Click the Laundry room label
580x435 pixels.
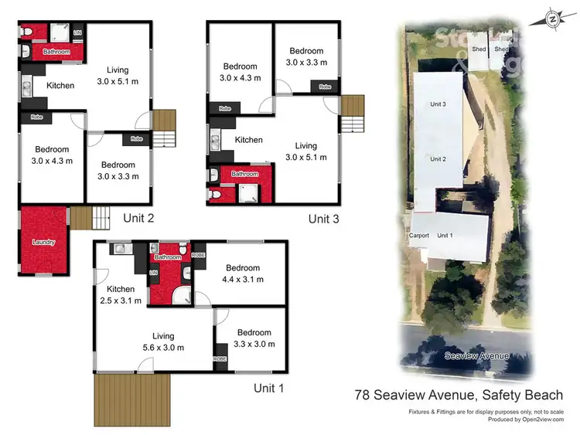click(43, 243)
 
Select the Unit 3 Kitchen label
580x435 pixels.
click(249, 140)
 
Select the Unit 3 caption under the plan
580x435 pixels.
click(324, 219)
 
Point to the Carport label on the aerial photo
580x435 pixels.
click(418, 235)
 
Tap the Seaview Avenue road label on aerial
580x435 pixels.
click(477, 355)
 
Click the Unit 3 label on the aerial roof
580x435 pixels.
click(438, 104)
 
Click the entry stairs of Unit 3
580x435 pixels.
click(353, 114)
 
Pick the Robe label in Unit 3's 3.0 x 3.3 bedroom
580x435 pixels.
click(322, 87)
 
